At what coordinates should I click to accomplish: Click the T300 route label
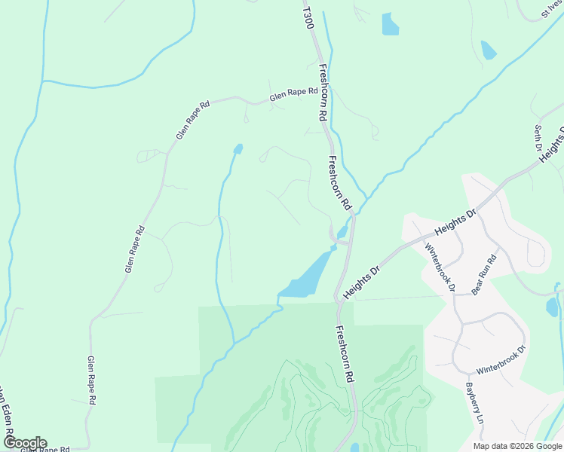click(x=305, y=19)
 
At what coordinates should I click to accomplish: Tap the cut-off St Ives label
click(x=553, y=11)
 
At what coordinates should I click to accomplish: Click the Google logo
click(x=24, y=442)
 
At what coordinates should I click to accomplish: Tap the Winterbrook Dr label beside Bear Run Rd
click(x=440, y=266)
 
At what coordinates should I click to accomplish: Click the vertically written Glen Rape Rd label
click(x=91, y=381)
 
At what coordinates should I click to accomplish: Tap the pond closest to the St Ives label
click(x=489, y=50)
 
